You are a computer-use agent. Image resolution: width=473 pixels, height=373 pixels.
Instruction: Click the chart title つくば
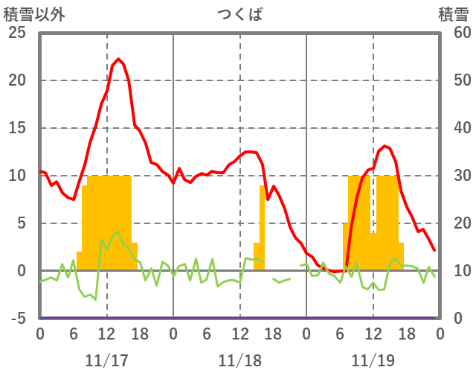pos(239,14)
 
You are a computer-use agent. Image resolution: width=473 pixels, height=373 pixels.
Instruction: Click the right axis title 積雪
pos(453,14)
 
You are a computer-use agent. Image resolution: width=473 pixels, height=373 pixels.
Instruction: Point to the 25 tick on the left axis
pos(16,33)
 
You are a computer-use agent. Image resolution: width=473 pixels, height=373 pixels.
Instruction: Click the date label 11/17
pos(106,360)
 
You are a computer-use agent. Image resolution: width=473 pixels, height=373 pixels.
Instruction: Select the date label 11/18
pos(239,360)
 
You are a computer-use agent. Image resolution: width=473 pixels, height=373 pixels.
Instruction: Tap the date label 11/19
pos(373,360)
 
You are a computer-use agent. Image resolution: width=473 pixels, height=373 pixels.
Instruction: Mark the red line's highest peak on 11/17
pos(118,59)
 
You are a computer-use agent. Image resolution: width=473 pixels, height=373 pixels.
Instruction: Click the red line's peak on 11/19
pos(384,146)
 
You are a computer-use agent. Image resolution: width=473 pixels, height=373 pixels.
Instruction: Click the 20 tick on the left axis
pos(16,80)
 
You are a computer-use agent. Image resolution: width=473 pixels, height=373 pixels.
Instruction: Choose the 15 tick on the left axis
pos(16,128)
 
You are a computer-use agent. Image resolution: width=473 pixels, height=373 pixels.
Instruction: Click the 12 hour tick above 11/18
pos(239,334)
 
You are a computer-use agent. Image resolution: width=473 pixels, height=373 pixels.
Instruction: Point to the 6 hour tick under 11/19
pos(340,334)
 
